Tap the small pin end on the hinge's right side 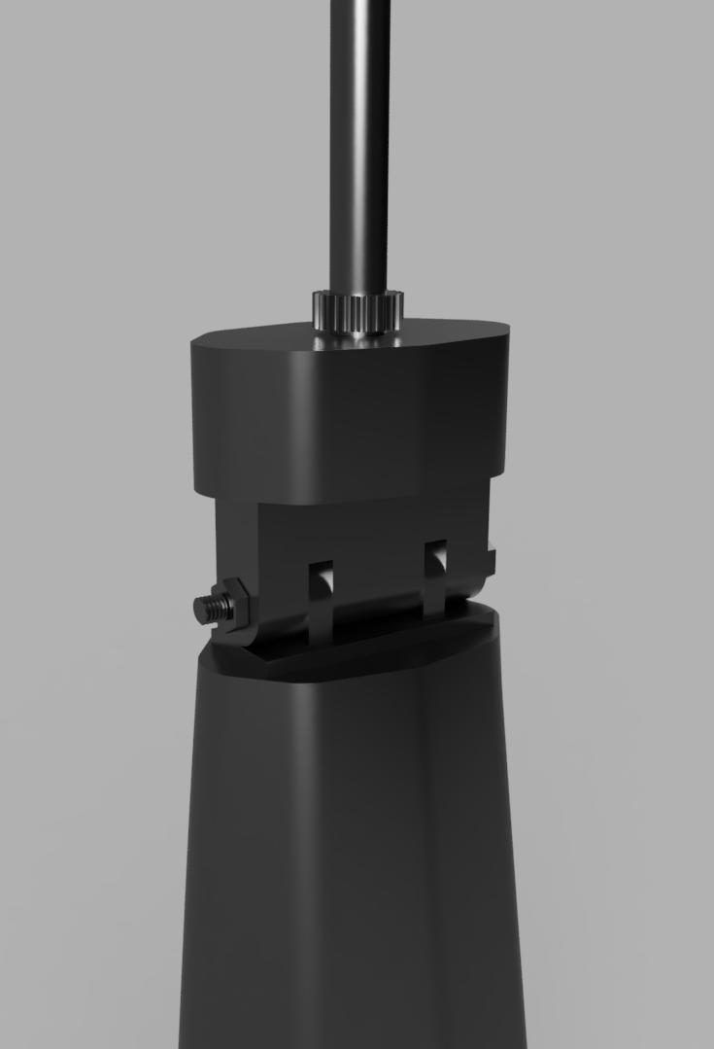pos(491,562)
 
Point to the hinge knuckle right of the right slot pos(466,583)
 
